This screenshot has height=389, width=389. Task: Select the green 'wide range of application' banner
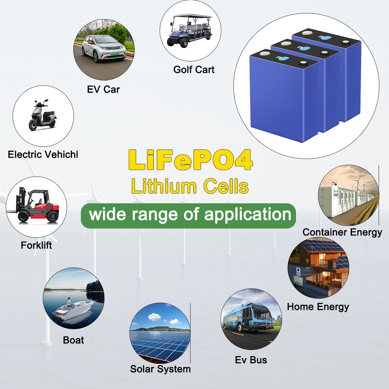click(188, 216)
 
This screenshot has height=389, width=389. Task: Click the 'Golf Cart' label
click(194, 70)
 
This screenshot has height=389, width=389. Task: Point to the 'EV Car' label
click(103, 89)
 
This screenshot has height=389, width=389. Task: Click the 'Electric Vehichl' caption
click(43, 154)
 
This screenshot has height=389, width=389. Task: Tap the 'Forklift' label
click(36, 245)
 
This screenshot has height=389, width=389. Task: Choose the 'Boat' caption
click(73, 340)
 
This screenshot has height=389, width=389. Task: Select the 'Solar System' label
click(160, 369)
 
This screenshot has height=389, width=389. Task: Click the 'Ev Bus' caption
click(251, 360)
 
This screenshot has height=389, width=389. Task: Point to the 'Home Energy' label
click(318, 307)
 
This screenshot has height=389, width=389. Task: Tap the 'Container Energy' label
click(342, 232)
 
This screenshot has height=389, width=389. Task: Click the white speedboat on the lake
click(72, 311)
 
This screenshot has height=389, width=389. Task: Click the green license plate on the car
click(115, 54)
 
